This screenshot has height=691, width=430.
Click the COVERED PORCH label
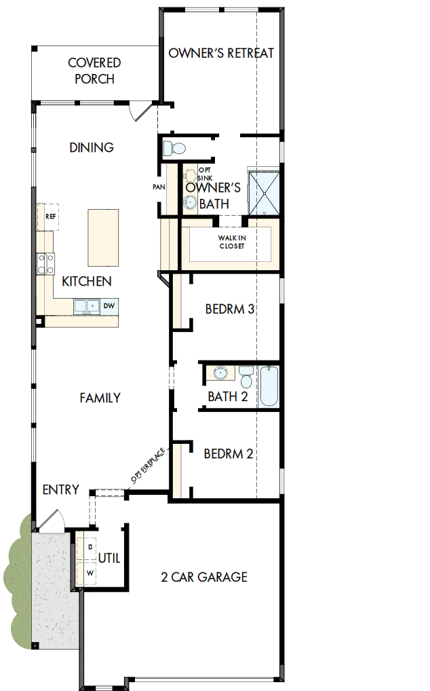[95, 71]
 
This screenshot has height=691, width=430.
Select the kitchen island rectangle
[103, 238]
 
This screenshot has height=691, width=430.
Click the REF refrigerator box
[49, 217]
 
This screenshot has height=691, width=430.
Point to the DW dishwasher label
[109, 306]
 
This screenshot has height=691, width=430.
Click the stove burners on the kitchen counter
[46, 263]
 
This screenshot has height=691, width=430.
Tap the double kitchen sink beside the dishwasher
[87, 306]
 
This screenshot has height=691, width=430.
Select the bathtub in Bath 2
[269, 386]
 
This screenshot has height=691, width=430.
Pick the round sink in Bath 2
[220, 372]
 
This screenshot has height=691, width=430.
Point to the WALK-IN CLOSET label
[231, 242]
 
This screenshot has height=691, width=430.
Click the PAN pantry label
[159, 187]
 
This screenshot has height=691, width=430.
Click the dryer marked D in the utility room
[89, 547]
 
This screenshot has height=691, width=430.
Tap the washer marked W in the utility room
[89, 572]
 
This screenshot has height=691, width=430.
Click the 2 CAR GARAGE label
[203, 578]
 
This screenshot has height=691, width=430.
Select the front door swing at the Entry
[49, 521]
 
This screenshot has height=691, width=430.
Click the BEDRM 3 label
[229, 310]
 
